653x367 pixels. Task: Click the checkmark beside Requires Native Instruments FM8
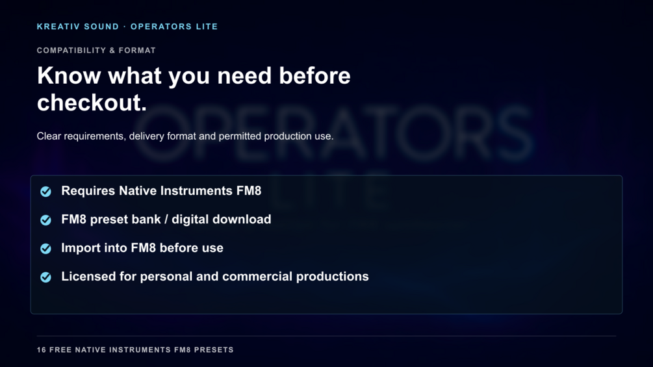point(46,192)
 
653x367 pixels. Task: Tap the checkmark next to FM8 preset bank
point(46,220)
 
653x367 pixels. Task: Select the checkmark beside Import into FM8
point(46,248)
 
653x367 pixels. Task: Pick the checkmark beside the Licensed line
point(46,277)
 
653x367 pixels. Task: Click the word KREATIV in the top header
point(58,27)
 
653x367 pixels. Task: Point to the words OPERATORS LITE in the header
point(174,27)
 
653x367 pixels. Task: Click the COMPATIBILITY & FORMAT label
point(96,51)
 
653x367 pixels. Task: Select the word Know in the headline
point(69,76)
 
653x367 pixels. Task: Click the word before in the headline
point(314,76)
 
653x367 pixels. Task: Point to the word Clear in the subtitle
point(49,136)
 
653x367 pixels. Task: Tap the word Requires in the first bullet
point(88,191)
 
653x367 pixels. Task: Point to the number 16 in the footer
point(41,350)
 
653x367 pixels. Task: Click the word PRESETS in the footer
point(214,350)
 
